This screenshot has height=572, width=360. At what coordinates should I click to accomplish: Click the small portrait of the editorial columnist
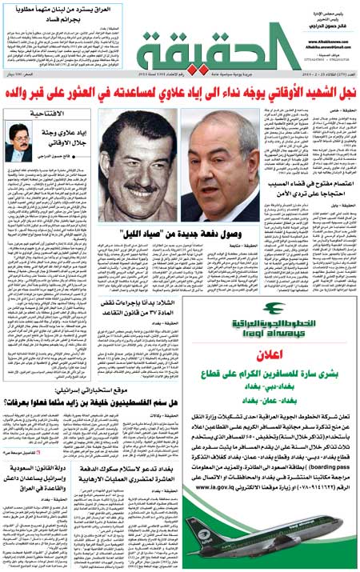(x=21, y=142)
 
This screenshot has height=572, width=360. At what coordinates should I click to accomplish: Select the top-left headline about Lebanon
(x=68, y=10)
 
